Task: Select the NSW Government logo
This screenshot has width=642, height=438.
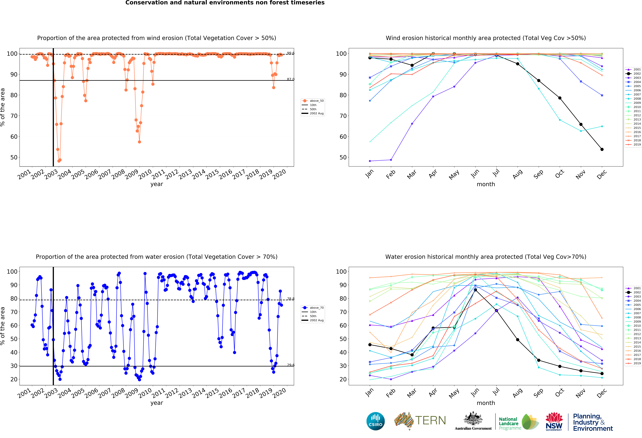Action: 554,421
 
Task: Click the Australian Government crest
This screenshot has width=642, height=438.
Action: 473,419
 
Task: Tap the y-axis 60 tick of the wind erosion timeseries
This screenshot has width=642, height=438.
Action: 14,137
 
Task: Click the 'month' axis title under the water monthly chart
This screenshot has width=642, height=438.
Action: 486,403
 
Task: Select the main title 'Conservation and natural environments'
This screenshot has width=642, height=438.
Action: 225,3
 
